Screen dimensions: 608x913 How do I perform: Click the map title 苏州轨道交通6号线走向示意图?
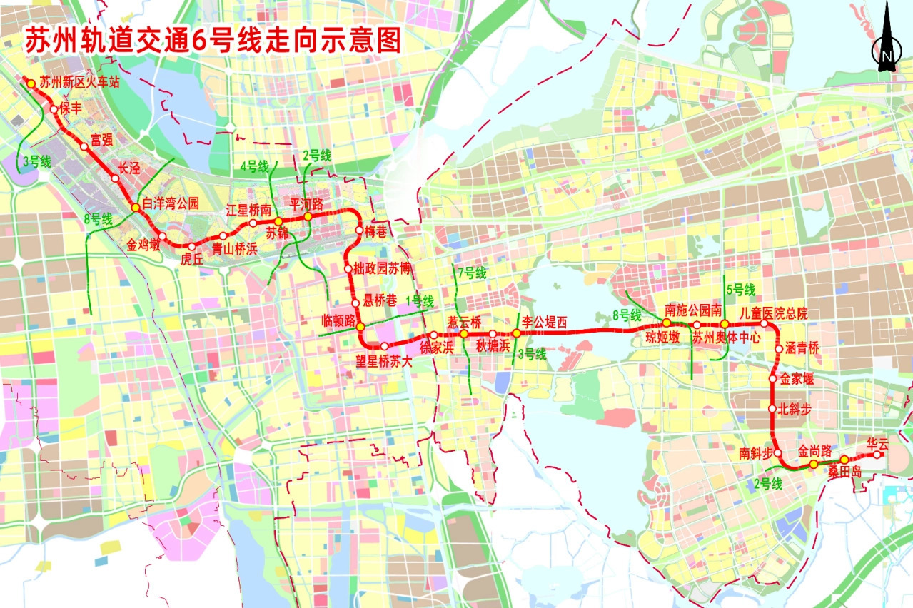coord(213,40)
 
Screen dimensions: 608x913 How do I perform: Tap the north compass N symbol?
coord(886,55)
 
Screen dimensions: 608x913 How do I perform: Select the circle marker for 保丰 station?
coord(54,110)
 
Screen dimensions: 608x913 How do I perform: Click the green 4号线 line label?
coord(254,167)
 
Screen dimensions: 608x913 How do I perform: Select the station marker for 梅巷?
coord(359,230)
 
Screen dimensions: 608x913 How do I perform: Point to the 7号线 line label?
coord(471,273)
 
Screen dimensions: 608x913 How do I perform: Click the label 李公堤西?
coord(544,323)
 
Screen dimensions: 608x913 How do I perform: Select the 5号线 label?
coord(740,290)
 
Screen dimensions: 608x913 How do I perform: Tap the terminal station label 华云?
coord(877,443)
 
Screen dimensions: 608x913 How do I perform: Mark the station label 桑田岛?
coord(845,472)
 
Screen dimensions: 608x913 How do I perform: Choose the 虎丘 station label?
coord(192,260)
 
